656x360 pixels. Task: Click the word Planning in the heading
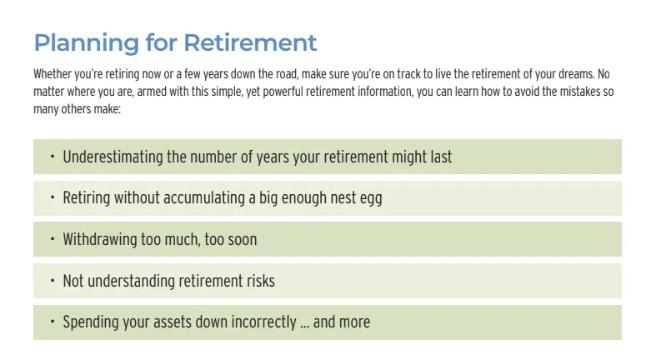pos(86,43)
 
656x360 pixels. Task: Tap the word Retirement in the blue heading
pos(250,42)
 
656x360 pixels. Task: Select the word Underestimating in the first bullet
pos(113,157)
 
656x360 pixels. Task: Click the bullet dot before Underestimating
pos(53,157)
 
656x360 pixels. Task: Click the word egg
pos(371,199)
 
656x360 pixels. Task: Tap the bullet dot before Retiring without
pos(53,197)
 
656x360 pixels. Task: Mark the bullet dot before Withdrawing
pos(53,238)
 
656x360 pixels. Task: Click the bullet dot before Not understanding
pos(53,280)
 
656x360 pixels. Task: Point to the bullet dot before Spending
pos(53,322)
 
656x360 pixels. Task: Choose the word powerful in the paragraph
pos(283,92)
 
